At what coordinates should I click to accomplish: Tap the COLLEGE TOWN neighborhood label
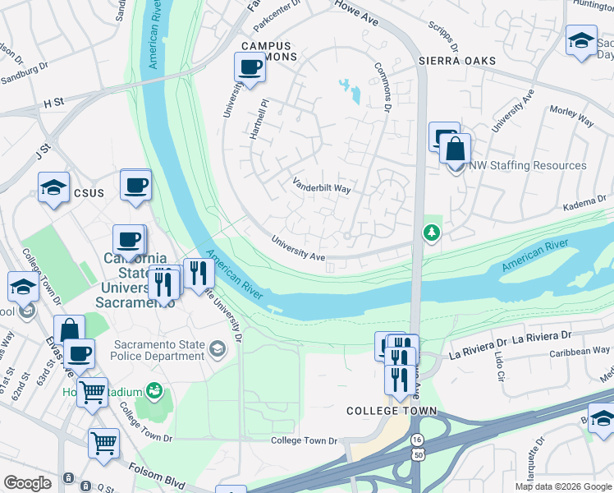click(x=391, y=411)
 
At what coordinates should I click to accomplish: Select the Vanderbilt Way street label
click(x=322, y=188)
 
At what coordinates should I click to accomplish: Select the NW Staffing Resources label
click(x=527, y=165)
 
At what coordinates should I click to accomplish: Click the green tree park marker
click(x=431, y=233)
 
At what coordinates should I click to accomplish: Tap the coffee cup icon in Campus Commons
click(x=250, y=67)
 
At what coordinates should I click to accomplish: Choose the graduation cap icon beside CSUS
click(x=53, y=187)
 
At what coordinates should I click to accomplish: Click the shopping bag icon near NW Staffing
click(x=455, y=150)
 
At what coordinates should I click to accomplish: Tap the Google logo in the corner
click(x=27, y=482)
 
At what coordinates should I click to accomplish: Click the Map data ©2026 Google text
click(x=562, y=486)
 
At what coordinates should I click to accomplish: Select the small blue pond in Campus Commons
click(x=351, y=90)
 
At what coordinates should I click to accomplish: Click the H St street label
click(x=53, y=103)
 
